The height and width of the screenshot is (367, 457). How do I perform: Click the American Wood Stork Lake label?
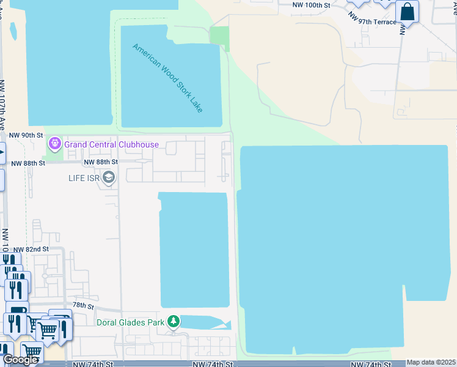point(168,77)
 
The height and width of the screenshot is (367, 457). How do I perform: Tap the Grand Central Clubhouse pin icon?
point(55,144)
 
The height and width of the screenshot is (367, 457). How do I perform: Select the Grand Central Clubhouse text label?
point(112,145)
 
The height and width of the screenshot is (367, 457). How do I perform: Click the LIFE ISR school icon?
point(109,178)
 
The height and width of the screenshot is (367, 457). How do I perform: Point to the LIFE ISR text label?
point(84,178)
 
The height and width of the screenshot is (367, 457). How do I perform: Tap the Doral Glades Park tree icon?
point(174,321)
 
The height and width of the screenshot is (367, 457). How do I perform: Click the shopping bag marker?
point(407,12)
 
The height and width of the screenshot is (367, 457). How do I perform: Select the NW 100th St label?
point(311,5)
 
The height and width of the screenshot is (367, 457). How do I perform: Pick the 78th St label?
point(83,305)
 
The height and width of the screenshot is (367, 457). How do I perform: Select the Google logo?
point(20,360)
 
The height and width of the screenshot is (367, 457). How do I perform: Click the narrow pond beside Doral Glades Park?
point(205,322)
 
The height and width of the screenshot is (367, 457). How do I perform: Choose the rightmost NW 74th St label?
point(371,364)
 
